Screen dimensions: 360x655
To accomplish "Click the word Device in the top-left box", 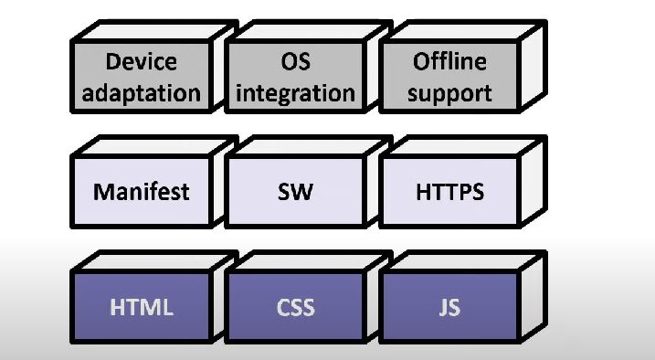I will (141, 62).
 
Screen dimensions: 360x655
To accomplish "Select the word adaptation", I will (141, 92).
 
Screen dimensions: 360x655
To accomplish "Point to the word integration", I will (294, 92).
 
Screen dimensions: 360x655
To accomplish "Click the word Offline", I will (449, 62).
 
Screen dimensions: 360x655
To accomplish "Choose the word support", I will (449, 92).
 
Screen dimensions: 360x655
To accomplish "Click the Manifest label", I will (141, 192).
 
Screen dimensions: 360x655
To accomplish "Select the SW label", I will (294, 192).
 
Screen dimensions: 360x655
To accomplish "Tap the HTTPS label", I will (449, 192).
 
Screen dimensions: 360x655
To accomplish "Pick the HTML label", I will (141, 307).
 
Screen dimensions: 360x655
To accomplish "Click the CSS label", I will (294, 307).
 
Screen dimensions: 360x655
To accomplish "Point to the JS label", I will (449, 307).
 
